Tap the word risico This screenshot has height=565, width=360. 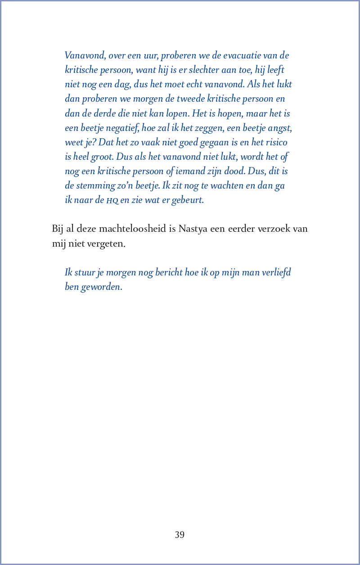pos(274,142)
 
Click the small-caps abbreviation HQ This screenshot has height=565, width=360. pos(112,200)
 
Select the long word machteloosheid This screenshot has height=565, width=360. pos(132,229)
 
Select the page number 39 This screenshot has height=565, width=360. pos(180,535)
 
